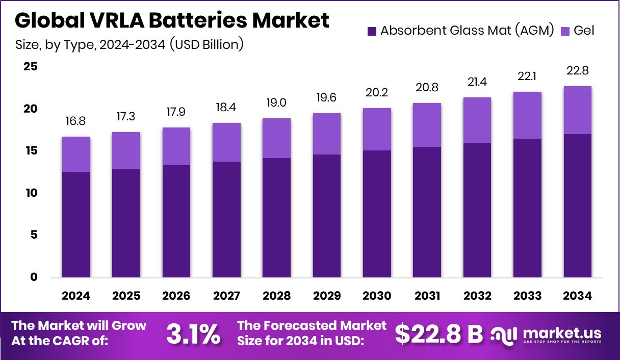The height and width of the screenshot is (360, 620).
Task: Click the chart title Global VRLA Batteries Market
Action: (172, 20)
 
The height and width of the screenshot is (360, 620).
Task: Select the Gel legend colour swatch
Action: (565, 31)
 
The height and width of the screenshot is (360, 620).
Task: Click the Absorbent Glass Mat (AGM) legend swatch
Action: (372, 31)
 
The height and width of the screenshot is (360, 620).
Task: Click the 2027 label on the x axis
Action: (226, 296)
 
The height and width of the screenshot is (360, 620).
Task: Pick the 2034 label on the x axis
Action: (577, 296)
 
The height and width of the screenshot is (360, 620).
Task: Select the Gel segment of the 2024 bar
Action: (76, 154)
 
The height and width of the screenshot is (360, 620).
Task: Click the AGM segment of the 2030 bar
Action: (377, 214)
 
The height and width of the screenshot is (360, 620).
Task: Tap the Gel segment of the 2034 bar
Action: (577, 110)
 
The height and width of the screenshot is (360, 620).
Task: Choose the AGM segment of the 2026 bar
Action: (176, 221)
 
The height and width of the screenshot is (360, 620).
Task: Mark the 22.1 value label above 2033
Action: (527, 77)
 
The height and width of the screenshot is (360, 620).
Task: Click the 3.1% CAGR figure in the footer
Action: (193, 334)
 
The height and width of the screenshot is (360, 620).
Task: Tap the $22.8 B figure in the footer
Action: (439, 334)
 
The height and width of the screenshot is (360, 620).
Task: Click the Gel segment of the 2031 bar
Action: (427, 125)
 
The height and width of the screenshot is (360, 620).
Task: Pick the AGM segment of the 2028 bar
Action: (277, 218)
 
